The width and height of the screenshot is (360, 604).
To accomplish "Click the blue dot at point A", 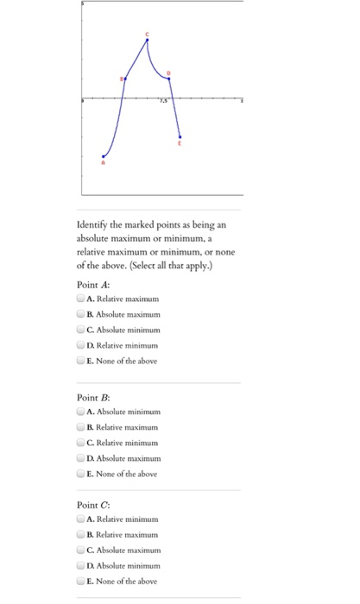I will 103,156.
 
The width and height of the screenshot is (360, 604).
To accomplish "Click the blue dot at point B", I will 126,79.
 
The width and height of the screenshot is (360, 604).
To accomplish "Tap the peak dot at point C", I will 147,40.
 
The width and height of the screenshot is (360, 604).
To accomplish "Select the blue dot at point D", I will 168,79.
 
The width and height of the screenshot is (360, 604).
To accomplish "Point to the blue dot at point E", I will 180,135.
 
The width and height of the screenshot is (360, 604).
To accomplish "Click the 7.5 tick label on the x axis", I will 161,105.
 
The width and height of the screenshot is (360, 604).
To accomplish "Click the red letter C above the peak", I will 147,33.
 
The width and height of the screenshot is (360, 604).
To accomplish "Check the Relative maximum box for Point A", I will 80,299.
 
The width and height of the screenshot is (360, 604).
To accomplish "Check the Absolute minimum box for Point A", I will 80,330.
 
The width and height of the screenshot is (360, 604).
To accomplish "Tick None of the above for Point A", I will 80,361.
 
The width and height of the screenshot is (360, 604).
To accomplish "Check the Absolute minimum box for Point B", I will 80,412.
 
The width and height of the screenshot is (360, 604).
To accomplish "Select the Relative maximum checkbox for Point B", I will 80,427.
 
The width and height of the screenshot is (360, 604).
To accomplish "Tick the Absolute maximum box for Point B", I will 80,458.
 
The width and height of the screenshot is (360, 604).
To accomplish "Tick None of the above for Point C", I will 80,582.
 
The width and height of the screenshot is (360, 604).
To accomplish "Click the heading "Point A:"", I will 91,281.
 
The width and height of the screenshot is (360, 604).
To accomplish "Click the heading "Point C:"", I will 91,504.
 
